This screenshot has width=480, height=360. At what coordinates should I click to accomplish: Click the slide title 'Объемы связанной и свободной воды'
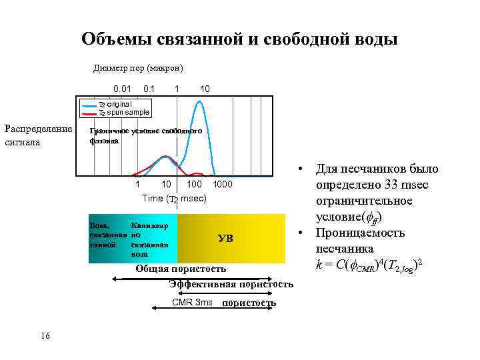(x=239, y=39)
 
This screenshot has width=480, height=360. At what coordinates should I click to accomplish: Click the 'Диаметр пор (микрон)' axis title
(x=138, y=68)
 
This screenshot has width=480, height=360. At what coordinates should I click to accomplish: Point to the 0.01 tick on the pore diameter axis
(x=122, y=89)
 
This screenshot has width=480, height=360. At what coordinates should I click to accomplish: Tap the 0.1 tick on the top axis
(x=149, y=89)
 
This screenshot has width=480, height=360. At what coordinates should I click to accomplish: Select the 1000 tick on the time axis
(x=222, y=183)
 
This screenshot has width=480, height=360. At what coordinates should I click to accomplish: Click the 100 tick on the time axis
(x=194, y=183)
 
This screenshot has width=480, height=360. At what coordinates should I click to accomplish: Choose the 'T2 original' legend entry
(x=115, y=104)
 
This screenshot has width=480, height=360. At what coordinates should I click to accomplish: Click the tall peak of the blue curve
(x=199, y=102)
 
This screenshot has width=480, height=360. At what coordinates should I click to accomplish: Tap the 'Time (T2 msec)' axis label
(x=174, y=198)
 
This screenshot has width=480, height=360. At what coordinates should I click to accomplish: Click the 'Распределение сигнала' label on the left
(x=38, y=135)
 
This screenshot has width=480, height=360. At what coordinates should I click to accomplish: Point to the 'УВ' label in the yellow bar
(x=226, y=238)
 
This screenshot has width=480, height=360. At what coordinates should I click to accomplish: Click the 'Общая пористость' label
(x=181, y=269)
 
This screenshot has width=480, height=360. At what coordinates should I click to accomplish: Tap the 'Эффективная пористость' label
(x=231, y=285)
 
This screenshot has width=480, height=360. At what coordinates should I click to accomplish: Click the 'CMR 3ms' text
(x=192, y=303)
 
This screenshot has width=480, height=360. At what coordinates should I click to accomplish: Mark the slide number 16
(x=45, y=335)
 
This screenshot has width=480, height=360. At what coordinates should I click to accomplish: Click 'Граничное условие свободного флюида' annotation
(x=145, y=136)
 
